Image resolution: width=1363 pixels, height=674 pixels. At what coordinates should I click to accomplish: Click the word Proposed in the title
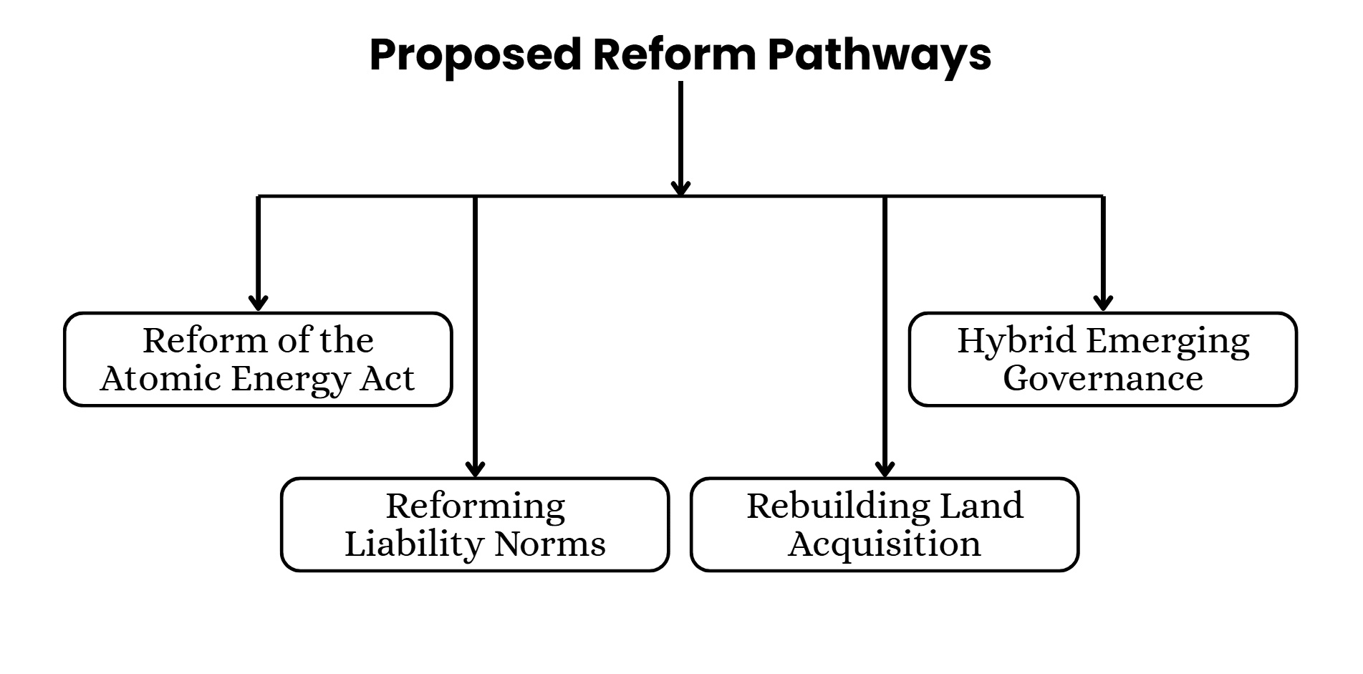coord(474,54)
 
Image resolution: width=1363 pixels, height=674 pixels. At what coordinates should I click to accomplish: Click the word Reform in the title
coord(674,54)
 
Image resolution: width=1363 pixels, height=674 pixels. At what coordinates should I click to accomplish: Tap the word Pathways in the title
coord(879,54)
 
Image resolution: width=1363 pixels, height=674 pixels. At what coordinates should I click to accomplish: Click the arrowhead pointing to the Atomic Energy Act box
coord(258,302)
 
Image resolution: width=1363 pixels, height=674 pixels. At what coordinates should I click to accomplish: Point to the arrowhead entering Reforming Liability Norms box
coord(475,468)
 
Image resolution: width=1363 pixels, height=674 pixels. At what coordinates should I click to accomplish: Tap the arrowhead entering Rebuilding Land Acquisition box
coord(885,468)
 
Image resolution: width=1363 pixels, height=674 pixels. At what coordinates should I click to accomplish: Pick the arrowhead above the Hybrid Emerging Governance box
coord(1103,302)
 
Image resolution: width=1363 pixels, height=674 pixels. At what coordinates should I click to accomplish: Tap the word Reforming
coord(475,507)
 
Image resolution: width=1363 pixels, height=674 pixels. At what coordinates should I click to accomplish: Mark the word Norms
coord(550,544)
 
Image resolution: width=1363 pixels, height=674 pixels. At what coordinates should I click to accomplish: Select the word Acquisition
coord(884,544)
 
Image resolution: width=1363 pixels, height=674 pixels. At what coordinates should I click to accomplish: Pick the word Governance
coord(1102,378)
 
